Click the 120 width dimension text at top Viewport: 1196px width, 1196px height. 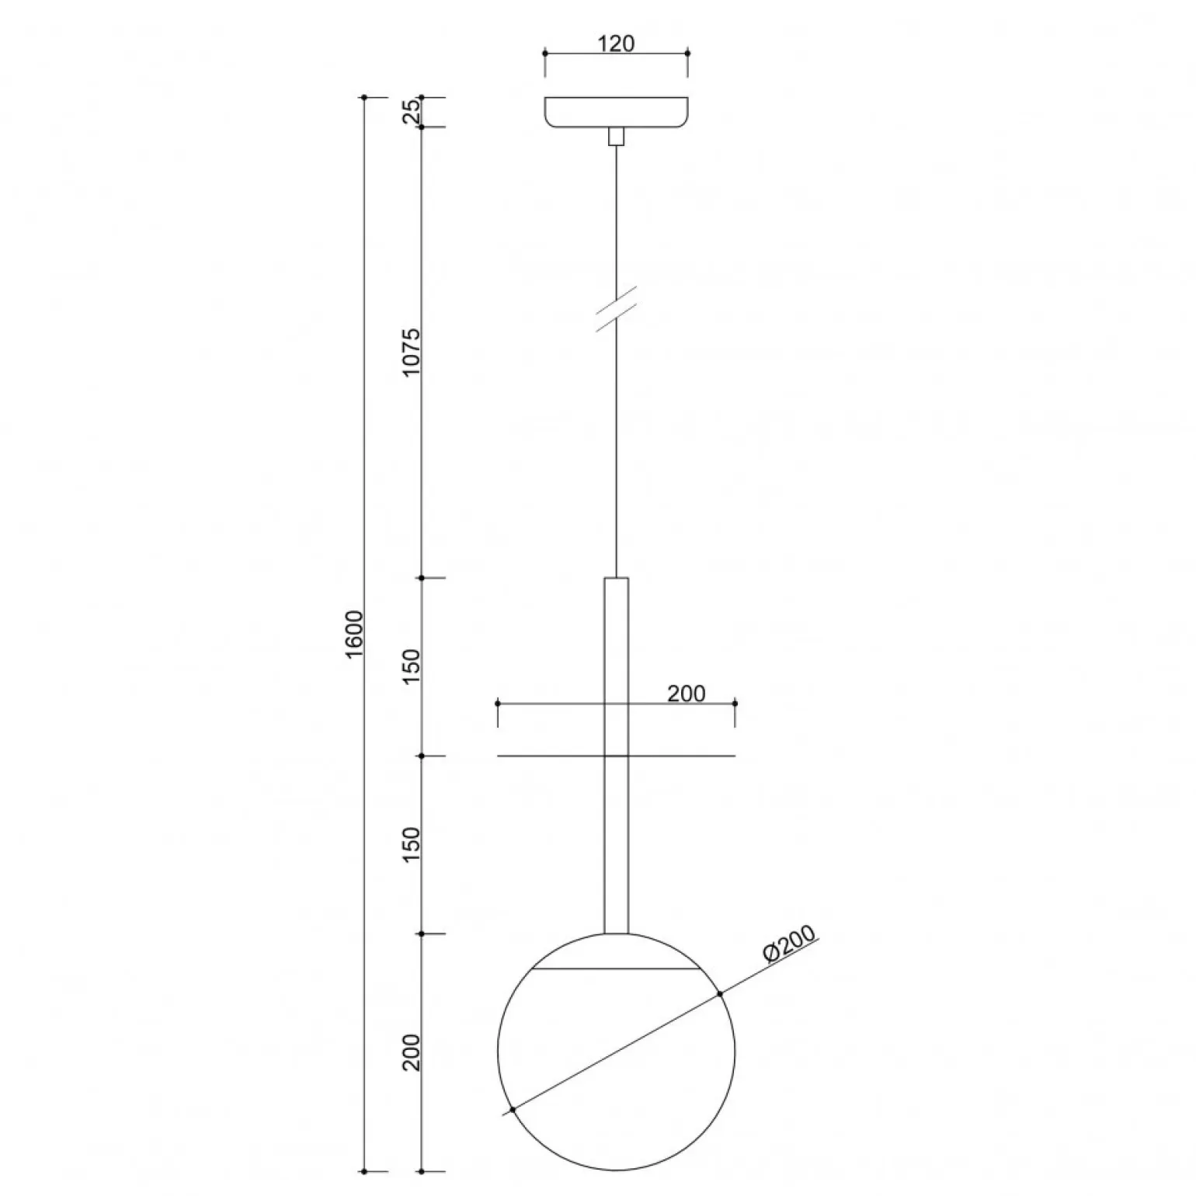(x=617, y=43)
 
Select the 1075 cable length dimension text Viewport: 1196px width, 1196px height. (x=411, y=352)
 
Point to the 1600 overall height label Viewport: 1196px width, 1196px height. (x=354, y=635)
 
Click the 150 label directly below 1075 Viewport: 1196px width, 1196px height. (x=411, y=666)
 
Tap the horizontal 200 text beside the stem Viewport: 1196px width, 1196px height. (x=686, y=694)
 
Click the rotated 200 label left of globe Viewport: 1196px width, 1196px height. (x=411, y=1052)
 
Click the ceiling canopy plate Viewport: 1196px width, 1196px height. (x=616, y=112)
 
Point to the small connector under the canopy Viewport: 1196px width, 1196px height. (x=616, y=137)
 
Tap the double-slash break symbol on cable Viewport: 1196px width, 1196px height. (x=616, y=308)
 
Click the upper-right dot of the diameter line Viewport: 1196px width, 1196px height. (x=720, y=993)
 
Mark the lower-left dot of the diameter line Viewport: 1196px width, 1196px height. (x=513, y=1110)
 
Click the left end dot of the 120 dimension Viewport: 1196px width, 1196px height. (x=545, y=53)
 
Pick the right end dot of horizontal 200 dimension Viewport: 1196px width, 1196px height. (x=735, y=704)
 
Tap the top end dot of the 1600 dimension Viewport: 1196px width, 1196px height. (x=363, y=97)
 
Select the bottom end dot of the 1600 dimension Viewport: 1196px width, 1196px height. (x=363, y=1192)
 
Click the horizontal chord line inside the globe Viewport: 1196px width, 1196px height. (x=616, y=969)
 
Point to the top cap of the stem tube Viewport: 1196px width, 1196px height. (x=616, y=579)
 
